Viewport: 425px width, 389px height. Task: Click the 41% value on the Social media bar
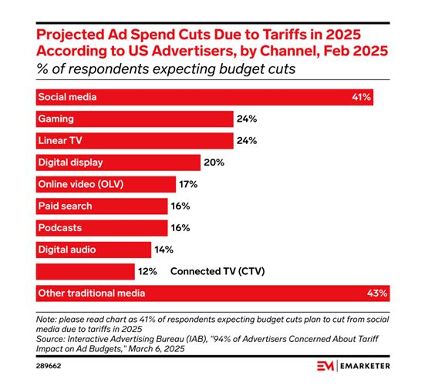[x=362, y=97]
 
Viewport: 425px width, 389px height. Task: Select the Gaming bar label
[x=56, y=119]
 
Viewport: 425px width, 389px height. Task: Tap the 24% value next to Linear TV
[x=248, y=141]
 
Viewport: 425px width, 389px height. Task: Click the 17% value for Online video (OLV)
[x=189, y=184]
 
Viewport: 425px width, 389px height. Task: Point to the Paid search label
[x=66, y=206]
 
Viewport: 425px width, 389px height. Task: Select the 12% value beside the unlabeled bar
[x=148, y=271]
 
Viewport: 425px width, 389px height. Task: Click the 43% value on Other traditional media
[x=377, y=293]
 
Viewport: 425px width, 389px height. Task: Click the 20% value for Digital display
[x=214, y=163]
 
